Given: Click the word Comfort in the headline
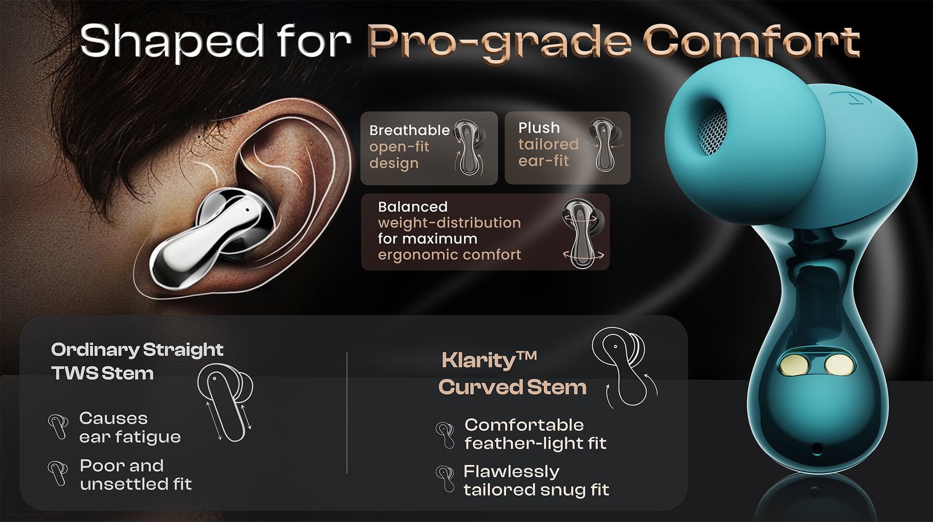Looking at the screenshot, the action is pos(751,42).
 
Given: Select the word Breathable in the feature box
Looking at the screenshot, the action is pos(409,130).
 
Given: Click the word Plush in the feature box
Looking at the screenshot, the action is pos(539,128).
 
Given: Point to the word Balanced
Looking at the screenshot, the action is pos(413,206).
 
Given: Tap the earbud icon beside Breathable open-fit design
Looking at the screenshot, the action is pos(468,148).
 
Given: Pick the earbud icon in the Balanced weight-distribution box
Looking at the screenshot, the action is pos(583,234).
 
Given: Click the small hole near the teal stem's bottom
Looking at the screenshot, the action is pos(817,448).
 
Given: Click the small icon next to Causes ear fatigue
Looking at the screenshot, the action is pos(58,426).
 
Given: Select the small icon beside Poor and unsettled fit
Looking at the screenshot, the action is pos(58,473).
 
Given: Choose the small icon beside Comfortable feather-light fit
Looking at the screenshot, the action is pos(446,435).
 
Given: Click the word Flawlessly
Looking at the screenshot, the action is pos(511,472).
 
